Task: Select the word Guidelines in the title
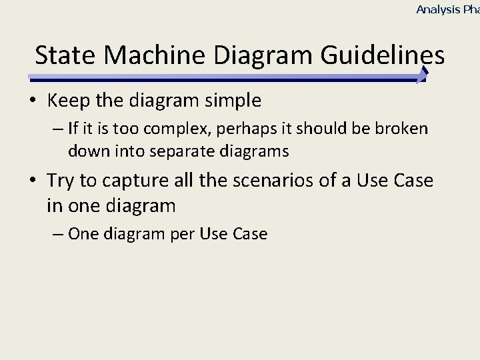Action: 382,55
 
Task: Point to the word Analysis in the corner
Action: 437,9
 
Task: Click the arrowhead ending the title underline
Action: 423,75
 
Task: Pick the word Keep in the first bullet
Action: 65,101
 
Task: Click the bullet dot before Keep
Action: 33,102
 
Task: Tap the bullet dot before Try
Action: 33,181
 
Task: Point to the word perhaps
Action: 246,129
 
